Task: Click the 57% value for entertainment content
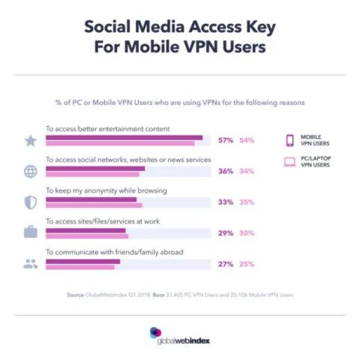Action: coord(225,140)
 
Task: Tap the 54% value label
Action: coord(246,140)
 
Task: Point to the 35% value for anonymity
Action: coord(246,202)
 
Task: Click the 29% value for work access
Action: coord(225,233)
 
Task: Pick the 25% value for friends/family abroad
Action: coord(246,264)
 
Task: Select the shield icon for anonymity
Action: coord(31,203)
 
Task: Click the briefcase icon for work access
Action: coord(31,233)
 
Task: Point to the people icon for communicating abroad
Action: coord(31,264)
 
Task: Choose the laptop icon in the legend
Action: coord(290,162)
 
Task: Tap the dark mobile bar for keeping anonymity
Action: coord(91,199)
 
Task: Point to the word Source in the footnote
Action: coord(76,295)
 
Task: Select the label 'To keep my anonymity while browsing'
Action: coord(106,191)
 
